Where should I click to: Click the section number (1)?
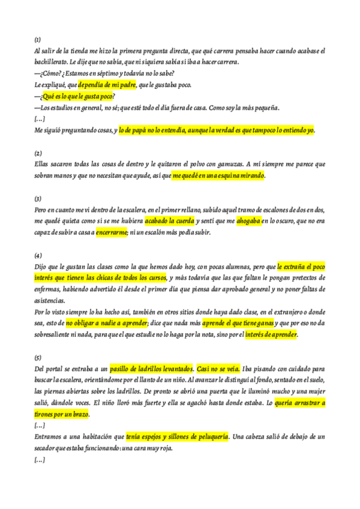coord(37,39)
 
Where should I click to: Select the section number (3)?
coord(37,199)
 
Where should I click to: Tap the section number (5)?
coord(37,357)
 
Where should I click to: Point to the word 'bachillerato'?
coord(50,62)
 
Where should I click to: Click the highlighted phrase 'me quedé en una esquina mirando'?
coord(218,176)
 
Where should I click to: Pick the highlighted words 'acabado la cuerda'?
coord(170,221)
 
